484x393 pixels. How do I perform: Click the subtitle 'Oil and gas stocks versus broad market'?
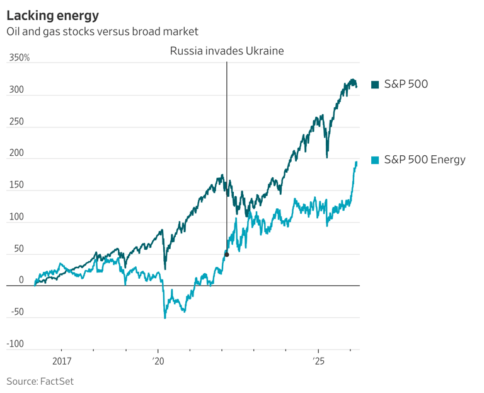[102, 32]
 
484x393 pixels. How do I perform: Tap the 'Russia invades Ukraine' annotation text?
[227, 51]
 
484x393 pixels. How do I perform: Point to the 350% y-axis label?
[19, 58]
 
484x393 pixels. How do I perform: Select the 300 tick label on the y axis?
[16, 90]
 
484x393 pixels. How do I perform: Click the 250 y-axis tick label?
[16, 122]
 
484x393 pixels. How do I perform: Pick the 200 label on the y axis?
[16, 153]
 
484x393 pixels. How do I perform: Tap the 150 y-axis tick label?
[16, 185]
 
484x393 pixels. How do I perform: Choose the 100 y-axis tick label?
[16, 217]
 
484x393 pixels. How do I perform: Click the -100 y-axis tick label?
[16, 344]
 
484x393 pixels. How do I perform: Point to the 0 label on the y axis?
[21, 281]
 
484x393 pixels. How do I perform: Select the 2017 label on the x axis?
[61, 362]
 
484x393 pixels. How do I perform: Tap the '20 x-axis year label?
[158, 362]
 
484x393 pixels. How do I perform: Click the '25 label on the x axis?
[318, 362]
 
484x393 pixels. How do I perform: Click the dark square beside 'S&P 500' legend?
[375, 85]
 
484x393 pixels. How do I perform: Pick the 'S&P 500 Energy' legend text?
[424, 160]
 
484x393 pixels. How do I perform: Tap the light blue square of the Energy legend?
[375, 160]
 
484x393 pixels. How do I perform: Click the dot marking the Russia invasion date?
[226, 254]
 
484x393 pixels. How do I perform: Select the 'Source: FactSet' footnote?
[40, 381]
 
